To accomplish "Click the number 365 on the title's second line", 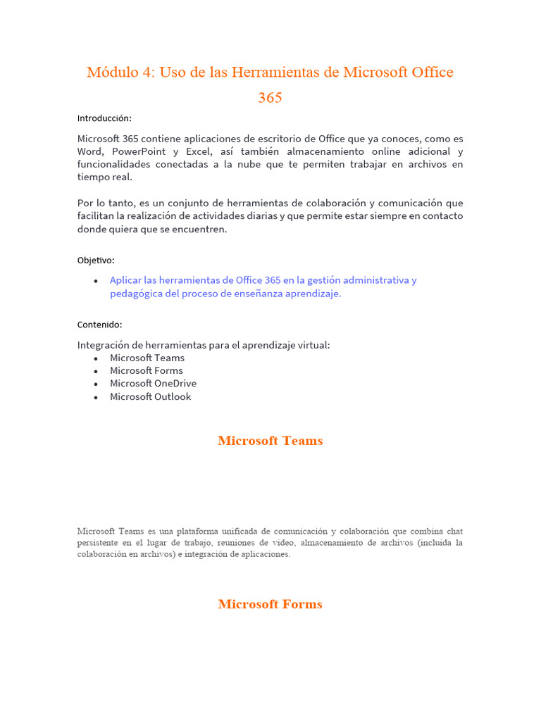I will point(270,98).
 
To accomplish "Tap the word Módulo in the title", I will point(111,73).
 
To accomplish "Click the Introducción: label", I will point(104,118).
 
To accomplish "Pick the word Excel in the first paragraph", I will point(200,151).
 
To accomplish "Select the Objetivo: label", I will point(96,261).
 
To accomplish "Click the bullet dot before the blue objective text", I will point(96,281).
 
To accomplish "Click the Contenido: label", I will point(99,325).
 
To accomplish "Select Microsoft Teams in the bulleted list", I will point(147,358).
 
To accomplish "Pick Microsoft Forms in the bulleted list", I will point(146,370).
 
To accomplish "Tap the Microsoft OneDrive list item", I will point(153,383).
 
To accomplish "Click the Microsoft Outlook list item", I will point(150,396).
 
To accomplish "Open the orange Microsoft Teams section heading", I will point(270,441).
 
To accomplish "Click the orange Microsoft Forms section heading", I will point(270,604).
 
